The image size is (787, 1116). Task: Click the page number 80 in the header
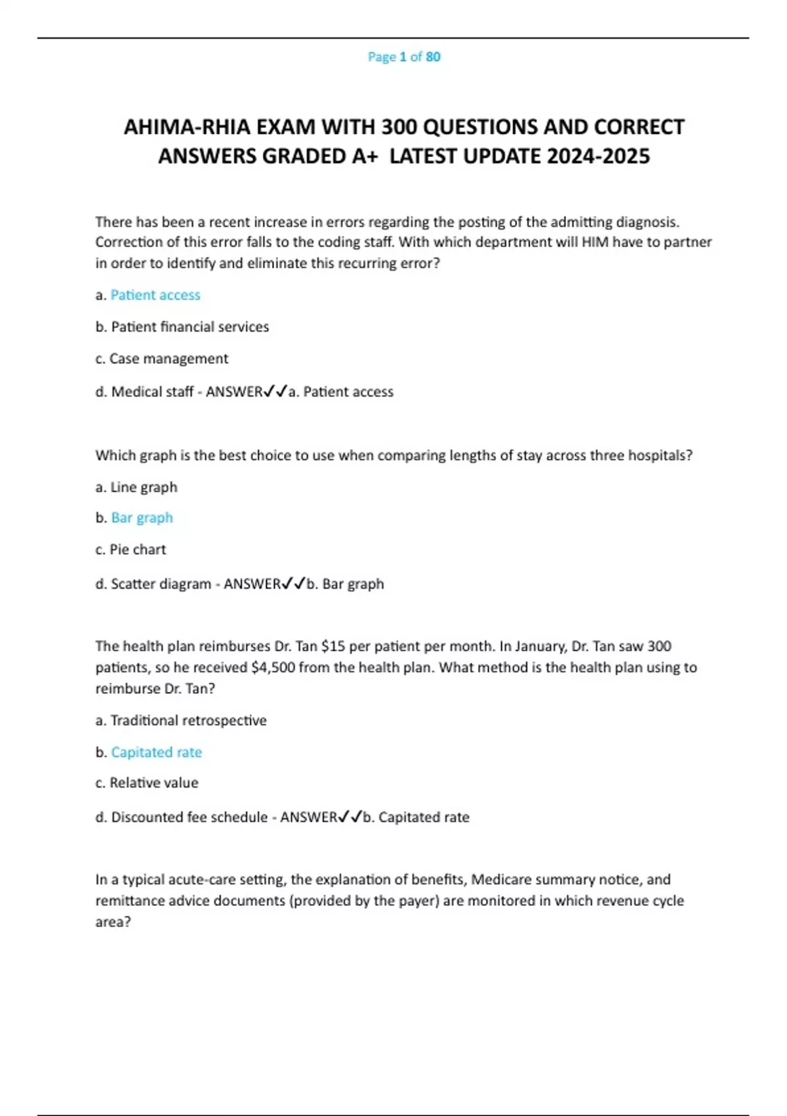click(433, 57)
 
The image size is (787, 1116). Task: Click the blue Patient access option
click(155, 295)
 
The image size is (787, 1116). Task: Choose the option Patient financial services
click(190, 327)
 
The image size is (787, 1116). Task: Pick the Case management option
click(169, 359)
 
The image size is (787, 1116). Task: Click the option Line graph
click(144, 488)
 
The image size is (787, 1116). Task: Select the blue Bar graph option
click(142, 518)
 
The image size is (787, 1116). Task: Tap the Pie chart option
click(138, 550)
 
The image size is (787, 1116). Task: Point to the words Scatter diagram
click(161, 584)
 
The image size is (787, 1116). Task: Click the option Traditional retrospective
click(188, 721)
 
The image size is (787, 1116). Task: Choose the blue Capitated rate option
click(156, 752)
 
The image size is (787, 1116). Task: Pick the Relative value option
click(153, 783)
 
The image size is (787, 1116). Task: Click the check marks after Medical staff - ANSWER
click(275, 392)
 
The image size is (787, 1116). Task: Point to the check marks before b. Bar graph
click(293, 584)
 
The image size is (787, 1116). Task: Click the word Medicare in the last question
click(502, 880)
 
